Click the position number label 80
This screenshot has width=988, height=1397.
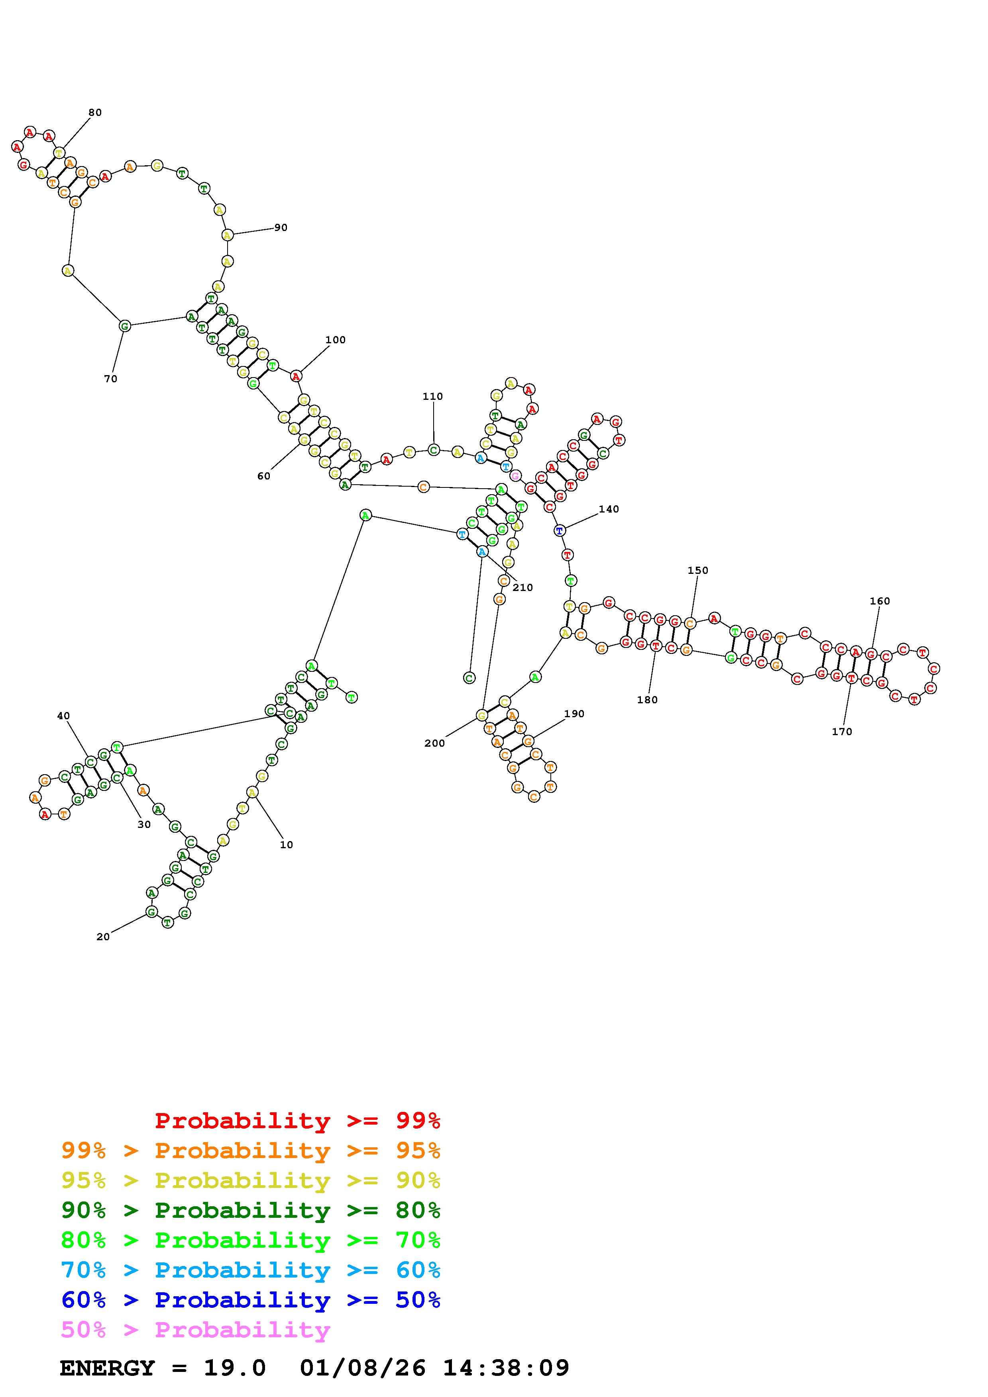[95, 113]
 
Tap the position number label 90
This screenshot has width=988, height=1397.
[281, 227]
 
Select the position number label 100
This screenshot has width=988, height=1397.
[336, 340]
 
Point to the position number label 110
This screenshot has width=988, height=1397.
[433, 397]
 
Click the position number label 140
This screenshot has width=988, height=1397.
[609, 509]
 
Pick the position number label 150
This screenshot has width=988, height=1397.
[698, 571]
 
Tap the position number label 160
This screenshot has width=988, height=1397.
[880, 601]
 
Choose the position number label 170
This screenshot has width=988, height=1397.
[842, 732]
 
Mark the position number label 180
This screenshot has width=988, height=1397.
[648, 700]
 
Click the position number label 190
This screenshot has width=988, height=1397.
[574, 714]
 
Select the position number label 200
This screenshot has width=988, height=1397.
[435, 744]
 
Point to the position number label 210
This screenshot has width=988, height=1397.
[523, 588]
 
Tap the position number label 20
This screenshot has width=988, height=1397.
[103, 937]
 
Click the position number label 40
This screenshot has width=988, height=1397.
[63, 716]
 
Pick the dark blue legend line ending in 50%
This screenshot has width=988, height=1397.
[251, 1300]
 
